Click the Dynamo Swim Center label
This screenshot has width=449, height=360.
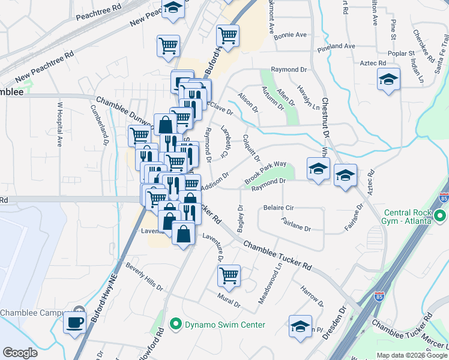pos(226,325)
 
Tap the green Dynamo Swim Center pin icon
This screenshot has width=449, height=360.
pos(176,325)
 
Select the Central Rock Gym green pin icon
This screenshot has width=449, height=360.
pos(440,216)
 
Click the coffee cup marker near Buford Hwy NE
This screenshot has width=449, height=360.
pos(76,322)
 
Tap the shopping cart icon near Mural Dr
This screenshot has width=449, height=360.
pos(228,276)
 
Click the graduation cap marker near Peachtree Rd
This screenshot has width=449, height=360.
pos(173,9)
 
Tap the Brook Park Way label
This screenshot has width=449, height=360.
pos(265,173)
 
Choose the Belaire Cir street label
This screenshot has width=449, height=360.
pos(278,208)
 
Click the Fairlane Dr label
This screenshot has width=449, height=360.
pos(295,228)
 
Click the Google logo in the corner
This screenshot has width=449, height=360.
pos(20,353)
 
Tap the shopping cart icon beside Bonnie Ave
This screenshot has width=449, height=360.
pos(228,35)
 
